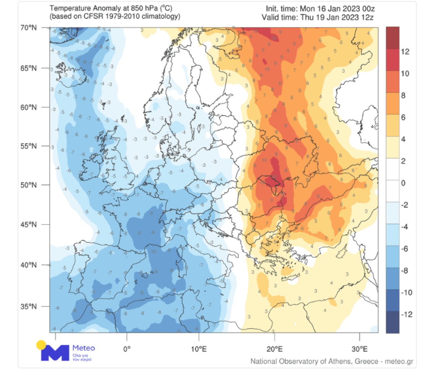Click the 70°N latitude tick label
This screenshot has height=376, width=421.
pos(28,28)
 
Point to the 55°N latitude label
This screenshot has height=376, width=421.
pos(28,146)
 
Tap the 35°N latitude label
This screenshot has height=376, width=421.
pos(28,306)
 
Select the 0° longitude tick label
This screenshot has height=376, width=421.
pos(127,349)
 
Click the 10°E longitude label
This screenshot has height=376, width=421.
pos(199,349)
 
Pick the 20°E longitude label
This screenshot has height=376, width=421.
pos(275,349)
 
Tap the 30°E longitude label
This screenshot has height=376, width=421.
pos(359,349)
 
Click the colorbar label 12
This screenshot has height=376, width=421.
pos(405,52)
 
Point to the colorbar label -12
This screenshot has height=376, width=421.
pos(406,314)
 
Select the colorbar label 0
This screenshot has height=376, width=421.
pos(403,183)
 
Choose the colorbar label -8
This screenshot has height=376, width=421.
pos(405,270)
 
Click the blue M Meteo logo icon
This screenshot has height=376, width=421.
pos(55,353)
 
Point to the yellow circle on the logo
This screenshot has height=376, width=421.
pos(41,345)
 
